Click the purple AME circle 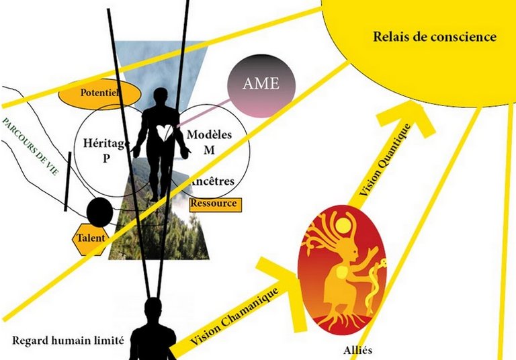[261, 87]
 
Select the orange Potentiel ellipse [99, 95]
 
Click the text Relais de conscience [435, 36]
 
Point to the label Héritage [106, 143]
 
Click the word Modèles [210, 134]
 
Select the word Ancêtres [212, 181]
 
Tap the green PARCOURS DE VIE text [31, 146]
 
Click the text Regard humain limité [68, 341]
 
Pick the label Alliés [357, 350]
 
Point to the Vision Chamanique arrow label [234, 316]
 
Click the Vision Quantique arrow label [385, 160]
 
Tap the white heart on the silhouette [164, 132]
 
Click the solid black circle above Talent [99, 212]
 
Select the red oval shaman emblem [342, 270]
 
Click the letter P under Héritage [106, 159]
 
